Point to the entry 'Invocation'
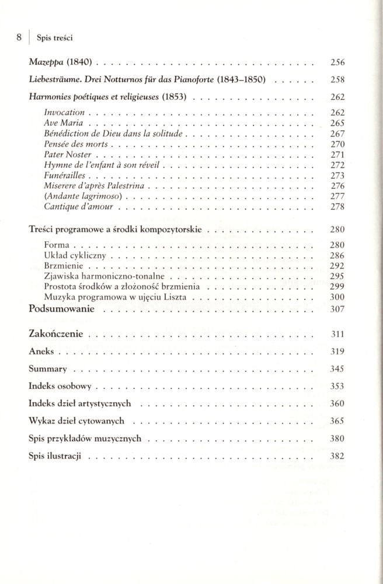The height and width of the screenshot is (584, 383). click(x=64, y=112)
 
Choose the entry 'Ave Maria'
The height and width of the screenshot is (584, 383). click(x=63, y=123)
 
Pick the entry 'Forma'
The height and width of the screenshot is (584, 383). click(x=57, y=245)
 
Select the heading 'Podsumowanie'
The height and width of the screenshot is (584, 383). click(x=61, y=309)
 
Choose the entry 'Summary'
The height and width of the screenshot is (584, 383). click(x=48, y=369)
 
